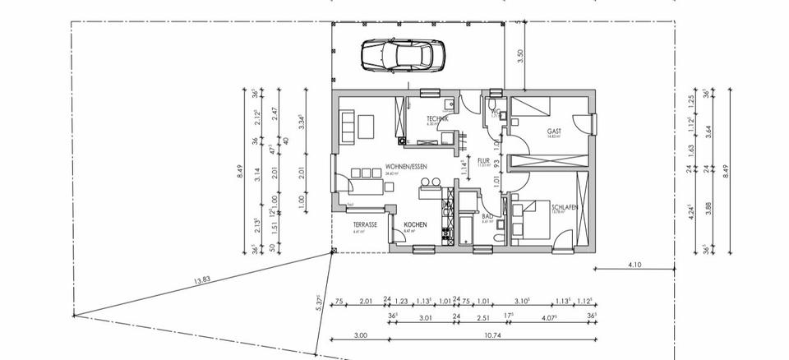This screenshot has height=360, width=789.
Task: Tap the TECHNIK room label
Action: [x=436, y=119]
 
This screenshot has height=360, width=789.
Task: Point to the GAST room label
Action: [x=555, y=131]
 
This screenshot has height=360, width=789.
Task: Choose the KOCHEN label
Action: [x=414, y=225]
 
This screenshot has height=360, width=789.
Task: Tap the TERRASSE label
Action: [x=365, y=225]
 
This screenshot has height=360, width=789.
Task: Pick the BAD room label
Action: [x=487, y=216]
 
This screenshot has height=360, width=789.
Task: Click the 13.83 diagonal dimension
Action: [x=201, y=281]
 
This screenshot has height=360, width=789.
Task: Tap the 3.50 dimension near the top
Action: [x=519, y=57]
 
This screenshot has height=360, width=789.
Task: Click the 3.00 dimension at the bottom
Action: [x=360, y=335]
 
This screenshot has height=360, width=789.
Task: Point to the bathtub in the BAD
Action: [x=465, y=227]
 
